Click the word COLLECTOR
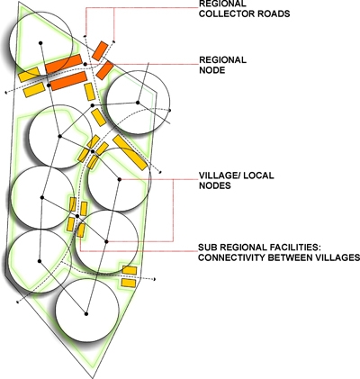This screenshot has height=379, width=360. tap(223, 14)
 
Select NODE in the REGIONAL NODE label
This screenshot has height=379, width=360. tap(212, 70)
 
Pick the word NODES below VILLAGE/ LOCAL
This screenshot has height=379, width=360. tap(215, 185)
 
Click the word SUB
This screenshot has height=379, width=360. tap(207, 248)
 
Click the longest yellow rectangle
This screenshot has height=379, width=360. tap(130, 153)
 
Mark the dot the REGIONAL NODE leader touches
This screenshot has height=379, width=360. tap(85, 64)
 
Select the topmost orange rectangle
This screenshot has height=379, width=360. tap(100, 50)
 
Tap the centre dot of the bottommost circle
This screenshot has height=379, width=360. tap(86, 314)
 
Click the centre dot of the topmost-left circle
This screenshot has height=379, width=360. tap(40, 43)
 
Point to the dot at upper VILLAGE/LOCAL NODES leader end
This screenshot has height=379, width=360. tap(120, 179)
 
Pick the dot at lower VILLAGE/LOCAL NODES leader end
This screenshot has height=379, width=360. tap(106, 241)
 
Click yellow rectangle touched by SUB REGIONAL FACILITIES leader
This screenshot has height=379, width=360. tap(81, 230)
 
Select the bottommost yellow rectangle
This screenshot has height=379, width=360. tap(129, 283)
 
